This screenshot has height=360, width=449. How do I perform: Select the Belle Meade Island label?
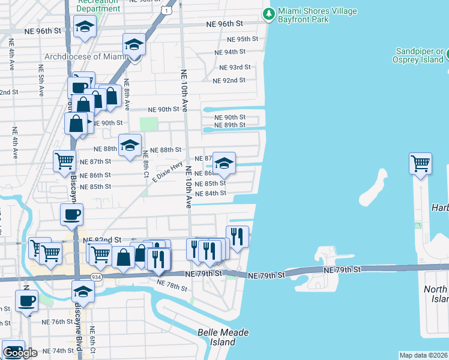point(223,337)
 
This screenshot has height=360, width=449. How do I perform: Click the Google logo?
point(20,353)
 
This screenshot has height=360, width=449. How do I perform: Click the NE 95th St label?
point(243,39)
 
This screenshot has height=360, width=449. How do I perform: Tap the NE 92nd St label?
point(231,80)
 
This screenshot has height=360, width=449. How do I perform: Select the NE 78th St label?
point(171,284)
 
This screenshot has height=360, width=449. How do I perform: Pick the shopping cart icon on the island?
point(421,163)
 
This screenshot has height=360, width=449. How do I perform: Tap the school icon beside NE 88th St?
point(130,145)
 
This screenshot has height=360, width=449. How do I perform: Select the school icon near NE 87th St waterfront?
point(224,163)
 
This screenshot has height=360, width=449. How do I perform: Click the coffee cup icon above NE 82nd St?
point(72,214)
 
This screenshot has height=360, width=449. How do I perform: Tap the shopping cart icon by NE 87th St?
point(64,160)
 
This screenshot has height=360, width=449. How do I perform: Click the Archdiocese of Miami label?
point(83,57)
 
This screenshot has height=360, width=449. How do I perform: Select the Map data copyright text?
point(424,355)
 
